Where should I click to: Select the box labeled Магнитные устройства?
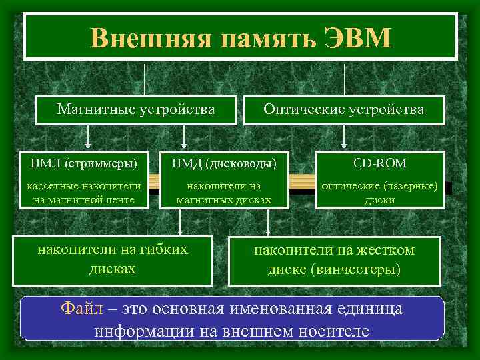[x=136, y=109]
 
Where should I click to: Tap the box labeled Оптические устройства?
[x=344, y=109]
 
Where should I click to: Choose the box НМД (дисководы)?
[x=224, y=163]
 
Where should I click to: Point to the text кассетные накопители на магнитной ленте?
[x=83, y=193]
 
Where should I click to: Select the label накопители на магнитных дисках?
[x=224, y=193]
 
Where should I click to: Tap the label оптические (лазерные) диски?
[x=380, y=193]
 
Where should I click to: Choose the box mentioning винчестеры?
[x=334, y=260]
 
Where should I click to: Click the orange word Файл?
[x=82, y=308]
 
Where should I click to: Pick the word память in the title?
[x=257, y=38]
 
